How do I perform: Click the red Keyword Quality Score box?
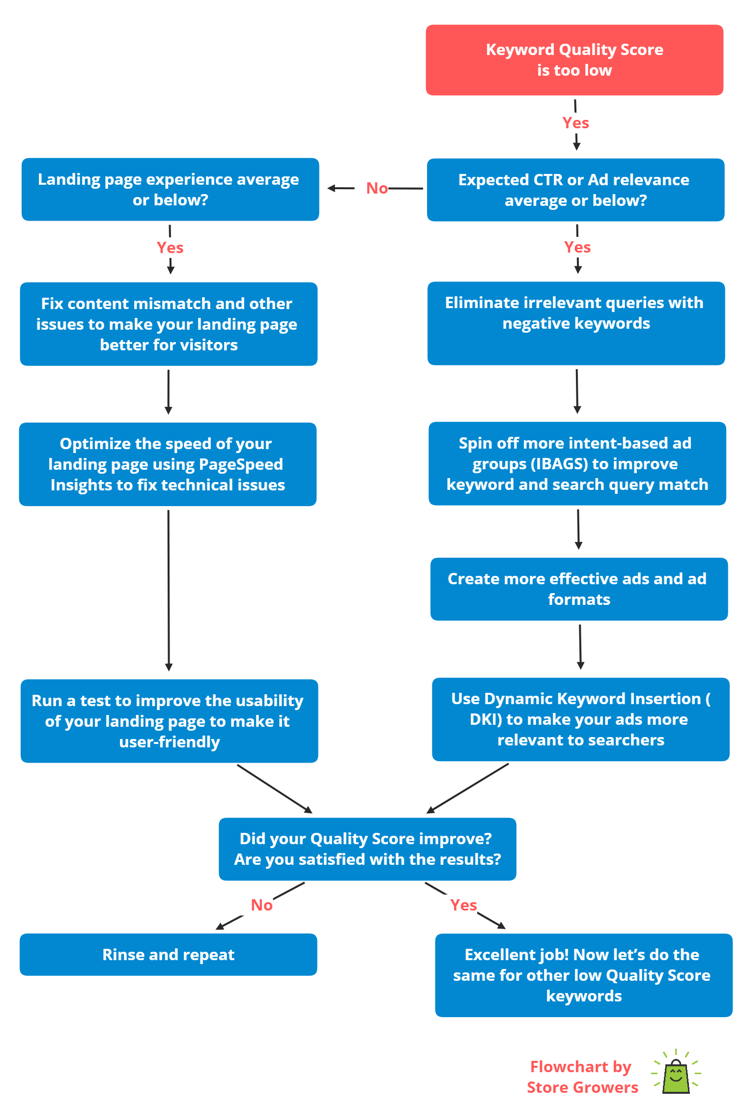click(x=574, y=60)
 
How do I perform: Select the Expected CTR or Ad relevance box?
click(x=575, y=190)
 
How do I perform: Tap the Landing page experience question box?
click(x=170, y=189)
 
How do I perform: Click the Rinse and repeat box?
click(x=168, y=954)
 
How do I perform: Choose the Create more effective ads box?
click(x=579, y=589)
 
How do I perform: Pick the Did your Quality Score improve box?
click(x=368, y=849)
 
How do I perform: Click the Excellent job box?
click(x=584, y=975)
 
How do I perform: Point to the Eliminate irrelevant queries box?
click(x=576, y=323)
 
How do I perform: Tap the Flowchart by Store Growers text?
click(x=582, y=1077)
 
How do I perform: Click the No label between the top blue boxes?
click(x=377, y=188)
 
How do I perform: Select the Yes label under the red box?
click(x=575, y=123)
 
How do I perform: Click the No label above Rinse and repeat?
click(x=261, y=905)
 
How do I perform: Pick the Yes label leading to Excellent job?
click(x=463, y=905)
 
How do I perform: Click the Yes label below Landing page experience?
click(x=170, y=248)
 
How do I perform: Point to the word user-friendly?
click(x=170, y=742)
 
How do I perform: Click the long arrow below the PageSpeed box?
click(x=169, y=590)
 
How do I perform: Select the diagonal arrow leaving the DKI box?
click(x=467, y=788)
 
